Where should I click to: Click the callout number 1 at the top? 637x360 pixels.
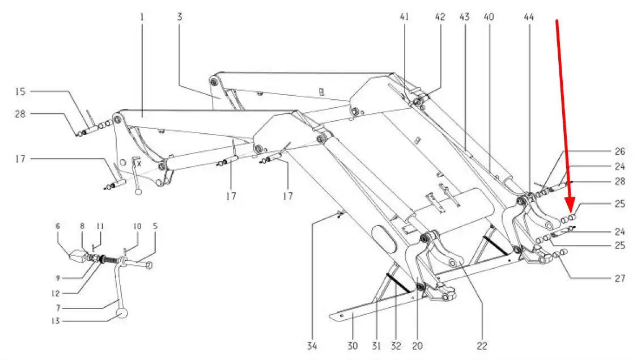click(142, 17)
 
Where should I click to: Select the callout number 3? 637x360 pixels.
click(180, 17)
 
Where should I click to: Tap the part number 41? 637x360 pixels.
click(404, 17)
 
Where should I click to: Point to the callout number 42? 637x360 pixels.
click(440, 17)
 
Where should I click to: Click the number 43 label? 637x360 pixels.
click(464, 17)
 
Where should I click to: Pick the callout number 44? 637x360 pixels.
click(489, 17)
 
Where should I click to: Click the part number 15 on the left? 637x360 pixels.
click(20, 91)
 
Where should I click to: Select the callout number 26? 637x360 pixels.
click(619, 151)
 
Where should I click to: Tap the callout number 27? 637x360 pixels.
click(619, 278)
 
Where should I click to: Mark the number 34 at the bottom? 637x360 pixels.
click(312, 346)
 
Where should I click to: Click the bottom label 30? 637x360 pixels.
click(352, 346)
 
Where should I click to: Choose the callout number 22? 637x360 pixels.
click(482, 346)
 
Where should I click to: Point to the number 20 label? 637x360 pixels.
click(417, 346)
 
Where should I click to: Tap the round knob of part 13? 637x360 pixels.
click(122, 314)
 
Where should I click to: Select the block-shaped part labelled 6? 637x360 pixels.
click(78, 256)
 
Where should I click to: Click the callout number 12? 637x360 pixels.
click(55, 293)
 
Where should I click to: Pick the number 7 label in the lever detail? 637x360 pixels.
click(58, 308)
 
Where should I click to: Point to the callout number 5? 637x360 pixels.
click(155, 226)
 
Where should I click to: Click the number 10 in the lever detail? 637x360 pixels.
click(137, 226)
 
